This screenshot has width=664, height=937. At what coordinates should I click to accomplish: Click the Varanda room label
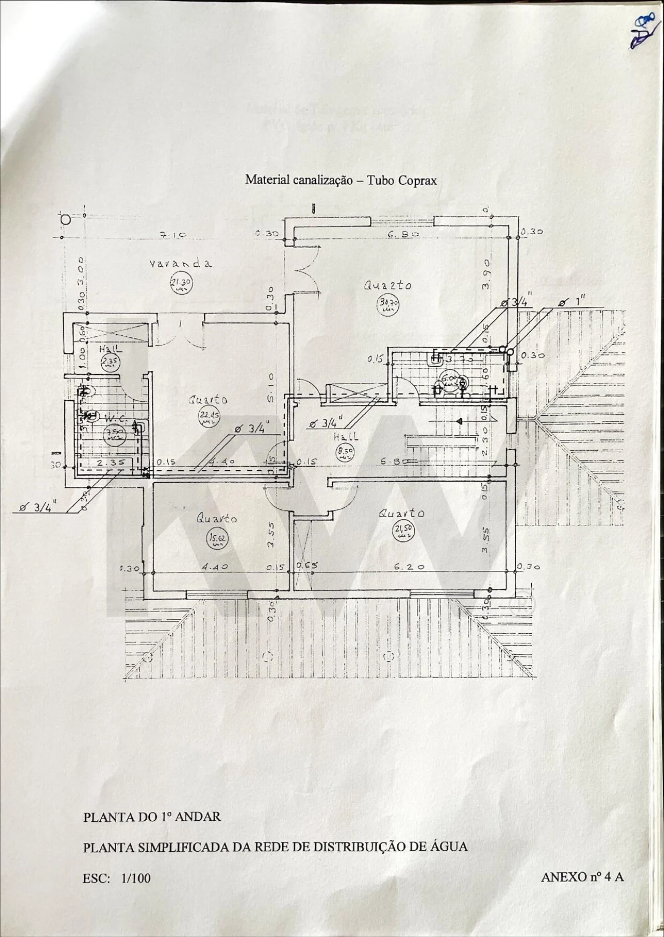pyautogui.click(x=181, y=263)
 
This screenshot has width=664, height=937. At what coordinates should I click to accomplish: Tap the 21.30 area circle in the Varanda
pyautogui.click(x=181, y=284)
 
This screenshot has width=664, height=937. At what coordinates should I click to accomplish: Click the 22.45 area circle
pyautogui.click(x=209, y=416)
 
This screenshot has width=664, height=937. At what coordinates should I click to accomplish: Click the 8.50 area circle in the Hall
pyautogui.click(x=345, y=453)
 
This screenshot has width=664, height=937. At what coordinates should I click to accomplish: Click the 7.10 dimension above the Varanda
pyautogui.click(x=173, y=235)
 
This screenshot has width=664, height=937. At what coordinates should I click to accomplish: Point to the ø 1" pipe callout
pyautogui.click(x=573, y=302)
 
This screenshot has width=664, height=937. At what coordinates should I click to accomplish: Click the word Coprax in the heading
pyautogui.click(x=418, y=180)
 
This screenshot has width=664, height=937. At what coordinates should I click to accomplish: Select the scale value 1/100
pyautogui.click(x=136, y=878)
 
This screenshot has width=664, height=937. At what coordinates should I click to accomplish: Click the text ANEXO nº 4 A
pyautogui.click(x=582, y=877)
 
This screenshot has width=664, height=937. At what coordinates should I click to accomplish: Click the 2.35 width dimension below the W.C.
pyautogui.click(x=108, y=461)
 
